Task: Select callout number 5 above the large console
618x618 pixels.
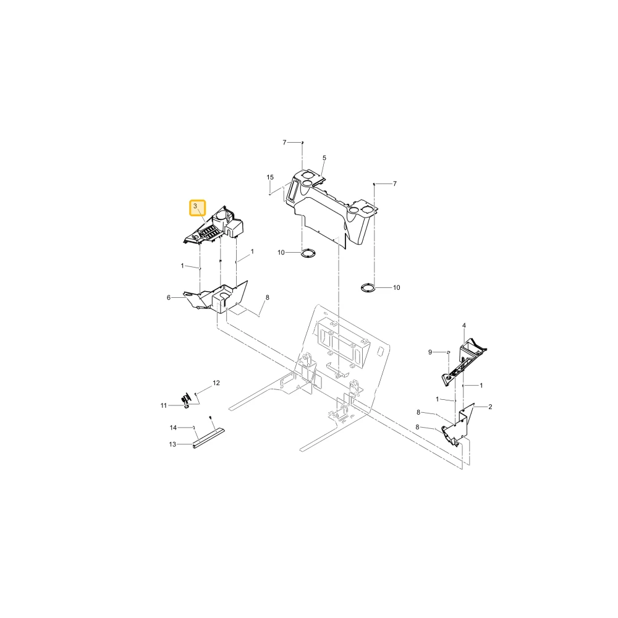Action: (324, 158)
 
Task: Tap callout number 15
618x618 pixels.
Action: (270, 177)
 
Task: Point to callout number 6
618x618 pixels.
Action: (169, 298)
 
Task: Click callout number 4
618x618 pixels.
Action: (464, 326)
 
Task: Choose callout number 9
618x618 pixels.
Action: (430, 352)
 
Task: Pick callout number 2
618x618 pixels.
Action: (490, 407)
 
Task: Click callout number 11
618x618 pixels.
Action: (164, 405)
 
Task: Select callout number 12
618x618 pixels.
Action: (216, 383)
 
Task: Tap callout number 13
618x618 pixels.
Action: (172, 444)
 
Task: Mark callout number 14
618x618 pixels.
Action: (174, 428)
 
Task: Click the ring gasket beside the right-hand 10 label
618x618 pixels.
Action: (368, 288)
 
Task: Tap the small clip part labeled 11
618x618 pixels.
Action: (187, 400)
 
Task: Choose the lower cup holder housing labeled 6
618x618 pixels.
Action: (217, 298)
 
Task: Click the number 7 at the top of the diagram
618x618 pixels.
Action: (284, 143)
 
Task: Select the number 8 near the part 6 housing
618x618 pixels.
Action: (267, 298)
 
